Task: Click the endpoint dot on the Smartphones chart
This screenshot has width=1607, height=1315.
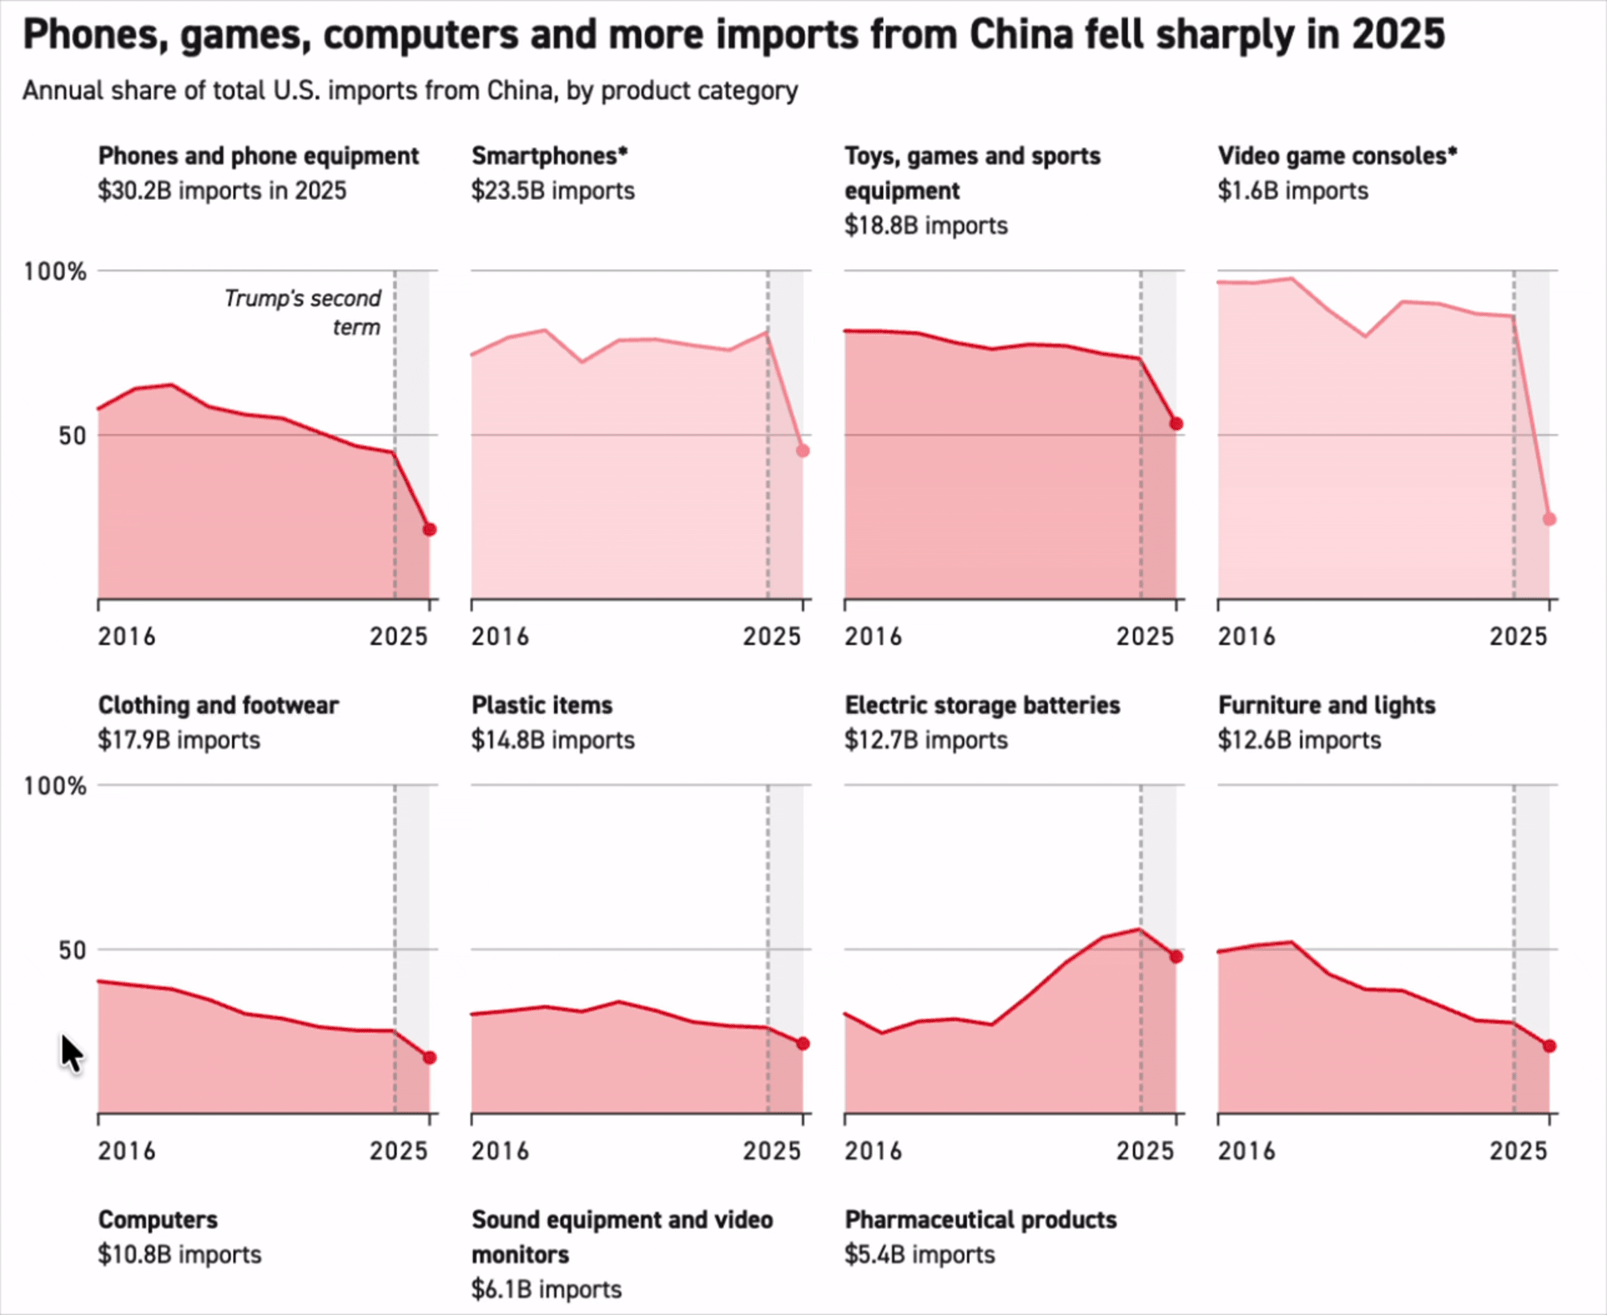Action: [802, 451]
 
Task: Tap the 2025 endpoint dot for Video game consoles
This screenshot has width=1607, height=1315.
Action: [1549, 519]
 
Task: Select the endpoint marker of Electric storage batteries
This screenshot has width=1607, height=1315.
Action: [1176, 957]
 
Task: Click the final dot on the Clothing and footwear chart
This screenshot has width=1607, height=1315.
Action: [430, 1057]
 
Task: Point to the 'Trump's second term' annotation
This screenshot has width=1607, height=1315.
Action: [302, 312]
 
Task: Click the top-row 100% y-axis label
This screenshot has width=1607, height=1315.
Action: [55, 272]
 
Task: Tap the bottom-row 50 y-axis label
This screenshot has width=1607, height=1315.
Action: [72, 950]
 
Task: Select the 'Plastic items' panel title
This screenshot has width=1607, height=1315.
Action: [542, 705]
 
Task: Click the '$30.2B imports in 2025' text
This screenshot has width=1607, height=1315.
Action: [222, 191]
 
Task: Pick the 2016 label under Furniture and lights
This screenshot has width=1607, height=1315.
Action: [1245, 1151]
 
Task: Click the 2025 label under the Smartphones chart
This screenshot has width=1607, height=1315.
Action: [771, 637]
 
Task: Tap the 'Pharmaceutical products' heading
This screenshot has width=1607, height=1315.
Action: [980, 1219]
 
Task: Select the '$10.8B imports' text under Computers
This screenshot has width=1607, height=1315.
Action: [180, 1255]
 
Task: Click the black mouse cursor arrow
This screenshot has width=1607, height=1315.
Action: [71, 1053]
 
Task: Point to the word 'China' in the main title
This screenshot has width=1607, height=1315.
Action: [1020, 35]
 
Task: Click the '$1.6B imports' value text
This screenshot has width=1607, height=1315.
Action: [1292, 191]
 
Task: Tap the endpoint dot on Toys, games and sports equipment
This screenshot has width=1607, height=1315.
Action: [1176, 423]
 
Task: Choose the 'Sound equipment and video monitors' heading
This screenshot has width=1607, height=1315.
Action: [621, 1236]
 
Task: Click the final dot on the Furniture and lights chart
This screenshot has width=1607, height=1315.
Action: [1549, 1046]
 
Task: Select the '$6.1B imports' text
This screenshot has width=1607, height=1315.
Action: [546, 1289]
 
